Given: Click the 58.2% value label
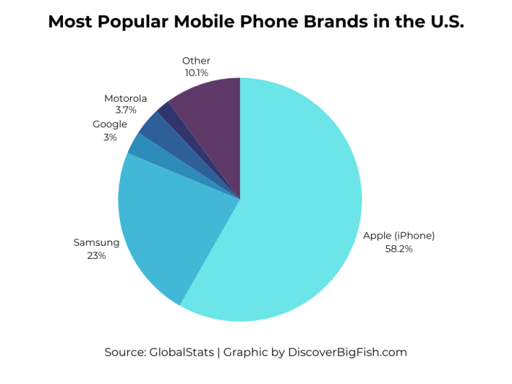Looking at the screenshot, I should (x=399, y=249).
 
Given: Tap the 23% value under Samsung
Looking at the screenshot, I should (x=96, y=255).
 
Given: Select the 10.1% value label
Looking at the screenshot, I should (x=196, y=73).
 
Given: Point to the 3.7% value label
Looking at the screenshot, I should (x=126, y=110).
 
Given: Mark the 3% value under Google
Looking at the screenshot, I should (x=110, y=137).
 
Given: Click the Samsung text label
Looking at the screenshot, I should (x=96, y=242).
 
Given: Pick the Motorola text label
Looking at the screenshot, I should (x=126, y=98).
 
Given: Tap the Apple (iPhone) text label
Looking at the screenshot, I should (x=399, y=236).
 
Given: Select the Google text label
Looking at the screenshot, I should (x=110, y=124).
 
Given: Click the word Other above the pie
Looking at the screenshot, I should (x=196, y=61).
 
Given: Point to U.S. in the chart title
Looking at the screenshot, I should (x=442, y=22).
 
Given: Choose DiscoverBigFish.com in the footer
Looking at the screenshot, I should (x=347, y=352).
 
